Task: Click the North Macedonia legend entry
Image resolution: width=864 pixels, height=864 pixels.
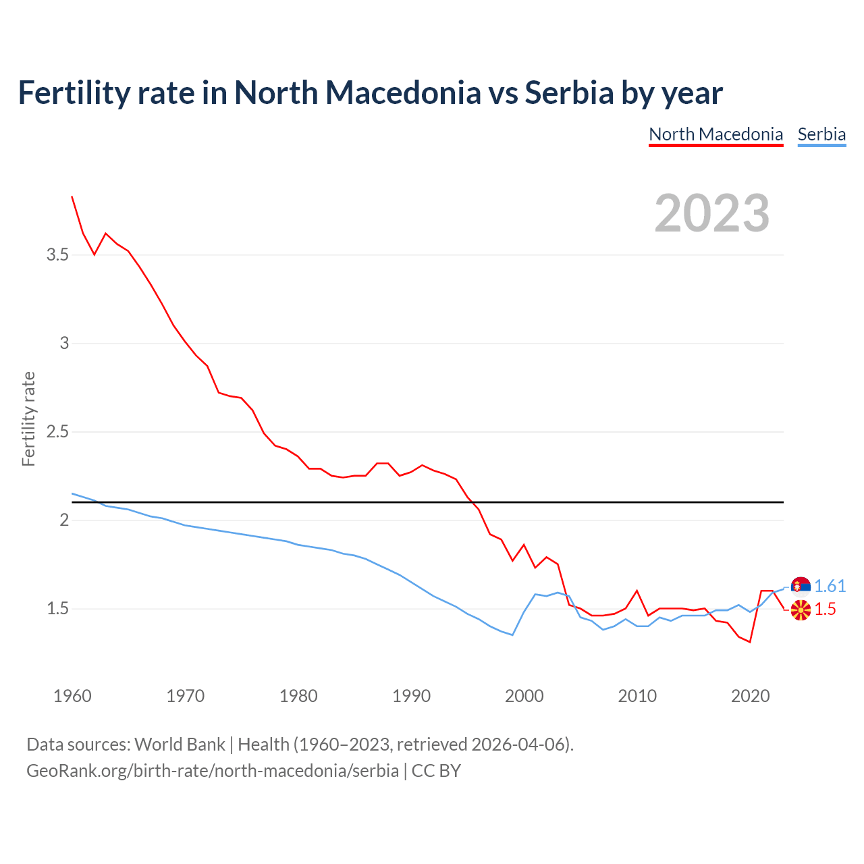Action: (715, 134)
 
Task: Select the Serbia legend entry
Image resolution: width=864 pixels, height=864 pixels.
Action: (821, 134)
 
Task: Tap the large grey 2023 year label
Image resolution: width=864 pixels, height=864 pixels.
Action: (712, 213)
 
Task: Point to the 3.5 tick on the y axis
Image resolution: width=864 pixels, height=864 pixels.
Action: (57, 254)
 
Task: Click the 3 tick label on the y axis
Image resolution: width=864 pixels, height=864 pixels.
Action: (64, 343)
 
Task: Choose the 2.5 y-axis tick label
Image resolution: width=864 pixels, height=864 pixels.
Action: (57, 431)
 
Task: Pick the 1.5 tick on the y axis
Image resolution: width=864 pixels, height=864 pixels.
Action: (57, 608)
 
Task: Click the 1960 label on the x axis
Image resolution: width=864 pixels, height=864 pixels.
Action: (72, 696)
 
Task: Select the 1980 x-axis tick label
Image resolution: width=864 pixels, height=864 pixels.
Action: (298, 696)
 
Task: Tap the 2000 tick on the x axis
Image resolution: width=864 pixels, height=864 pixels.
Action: (524, 696)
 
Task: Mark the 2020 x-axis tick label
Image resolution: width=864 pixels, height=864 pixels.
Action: (750, 696)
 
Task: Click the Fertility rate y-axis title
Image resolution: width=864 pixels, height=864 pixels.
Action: (28, 418)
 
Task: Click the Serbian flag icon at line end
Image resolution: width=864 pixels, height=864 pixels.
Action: (801, 586)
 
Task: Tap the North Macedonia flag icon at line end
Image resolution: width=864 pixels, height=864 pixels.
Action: (801, 610)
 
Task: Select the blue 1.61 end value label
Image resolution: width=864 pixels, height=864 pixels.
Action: (830, 586)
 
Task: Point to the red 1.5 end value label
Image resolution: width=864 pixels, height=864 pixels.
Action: (825, 609)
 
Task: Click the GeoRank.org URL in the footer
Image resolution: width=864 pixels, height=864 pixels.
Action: (213, 770)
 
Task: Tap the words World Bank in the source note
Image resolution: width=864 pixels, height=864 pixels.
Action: (180, 744)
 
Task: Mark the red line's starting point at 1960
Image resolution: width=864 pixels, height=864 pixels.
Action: (72, 196)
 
